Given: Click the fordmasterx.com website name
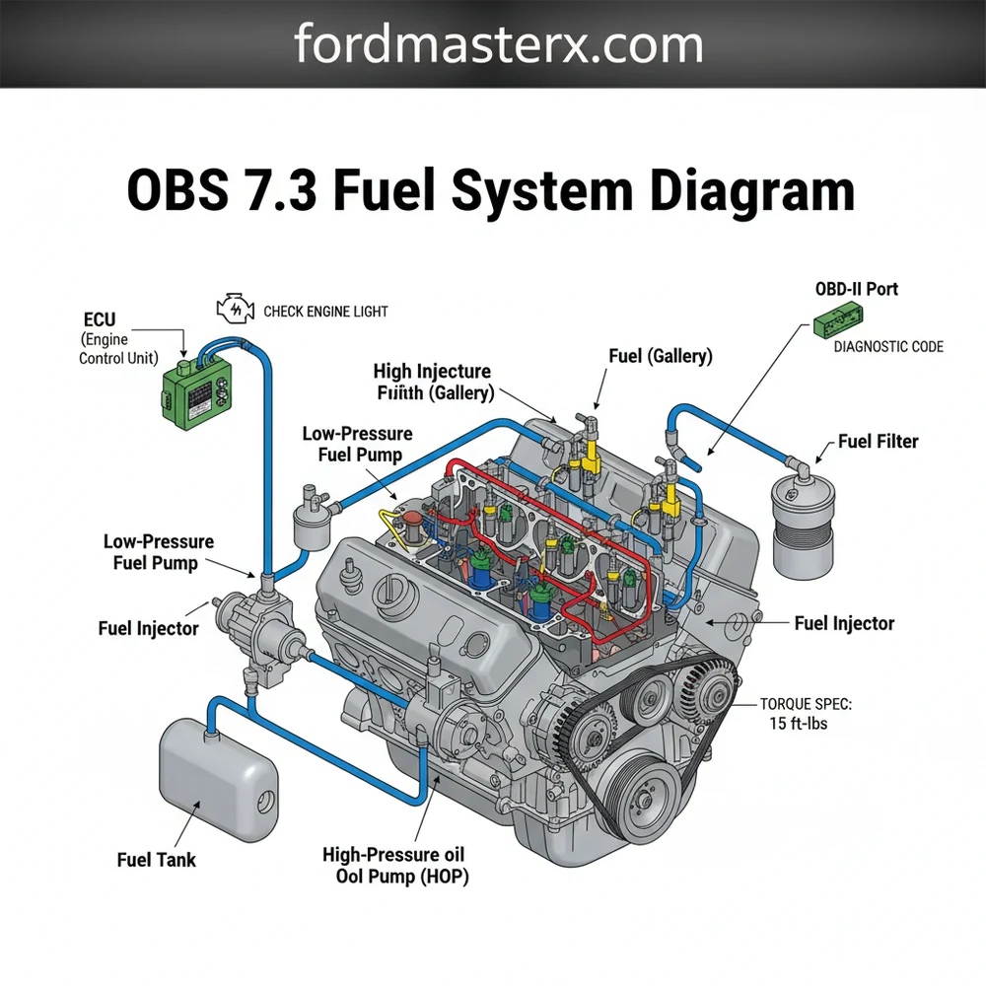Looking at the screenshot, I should pyautogui.click(x=498, y=45).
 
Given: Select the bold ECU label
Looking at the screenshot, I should pyautogui.click(x=100, y=319).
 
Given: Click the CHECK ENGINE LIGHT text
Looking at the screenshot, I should pyautogui.click(x=325, y=312).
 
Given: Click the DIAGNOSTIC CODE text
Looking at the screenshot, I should pyautogui.click(x=887, y=347).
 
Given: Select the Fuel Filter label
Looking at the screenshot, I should pyautogui.click(x=878, y=441).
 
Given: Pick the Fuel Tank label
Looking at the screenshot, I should pyautogui.click(x=156, y=860).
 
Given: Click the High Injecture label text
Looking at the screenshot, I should pyautogui.click(x=432, y=372).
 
